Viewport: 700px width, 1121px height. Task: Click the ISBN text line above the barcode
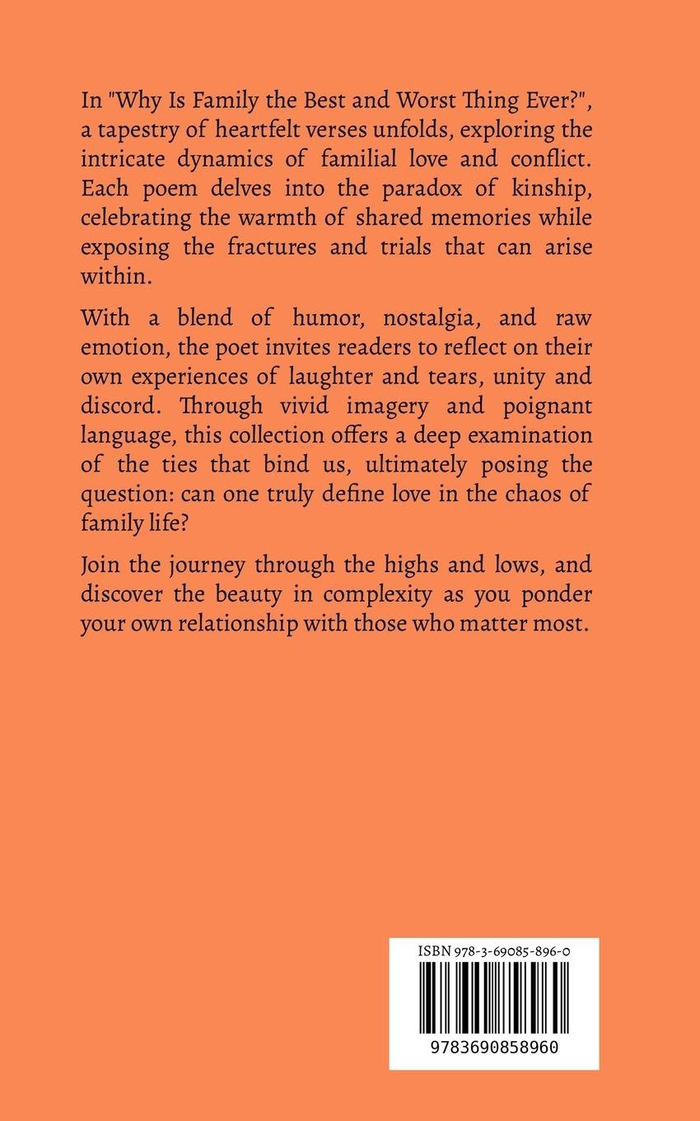point(494,951)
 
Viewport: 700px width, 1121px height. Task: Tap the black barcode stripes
point(494,998)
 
